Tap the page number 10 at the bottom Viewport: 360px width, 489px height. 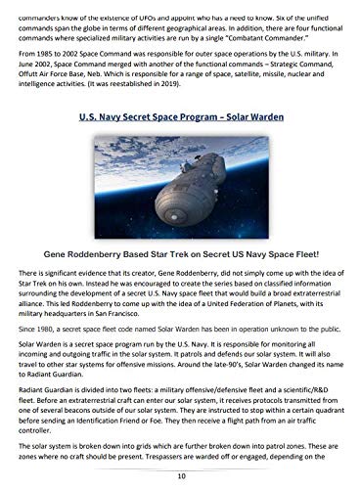[180, 476]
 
